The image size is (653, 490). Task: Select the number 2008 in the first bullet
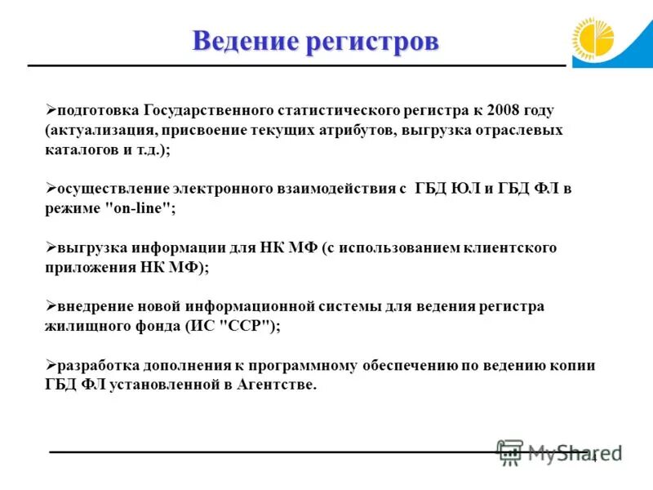click(504, 109)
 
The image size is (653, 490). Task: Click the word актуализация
click(95, 130)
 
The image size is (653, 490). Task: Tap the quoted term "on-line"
click(137, 208)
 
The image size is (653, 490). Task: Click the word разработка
click(98, 365)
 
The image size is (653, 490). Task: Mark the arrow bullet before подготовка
click(50, 109)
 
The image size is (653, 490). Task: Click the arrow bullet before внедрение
click(50, 305)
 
